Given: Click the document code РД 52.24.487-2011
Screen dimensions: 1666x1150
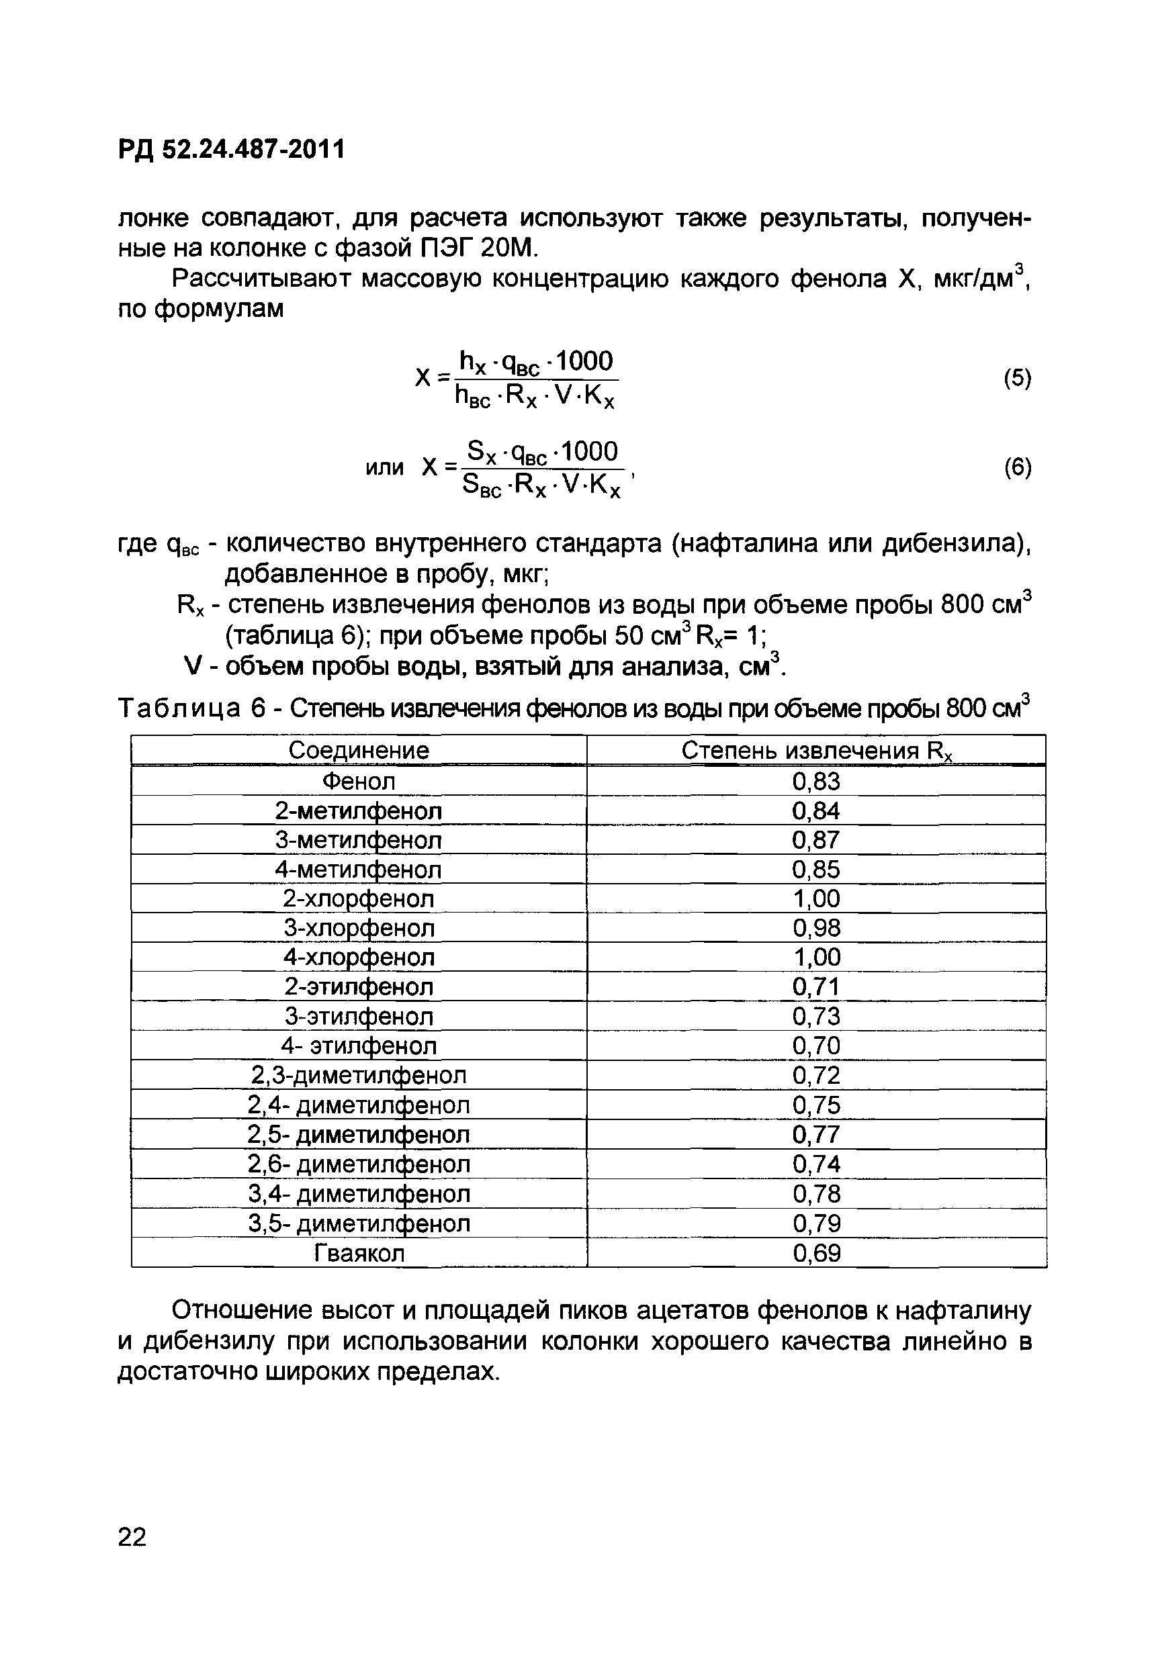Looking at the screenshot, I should (x=231, y=150).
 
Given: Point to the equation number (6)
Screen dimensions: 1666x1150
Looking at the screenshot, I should (x=1017, y=468).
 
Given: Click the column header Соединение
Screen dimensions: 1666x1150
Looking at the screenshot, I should (x=358, y=751).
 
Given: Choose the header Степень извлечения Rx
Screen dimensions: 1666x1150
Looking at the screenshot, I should (x=816, y=751).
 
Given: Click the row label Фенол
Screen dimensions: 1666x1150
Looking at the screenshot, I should (x=358, y=781).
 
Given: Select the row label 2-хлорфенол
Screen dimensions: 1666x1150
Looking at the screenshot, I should (x=358, y=899).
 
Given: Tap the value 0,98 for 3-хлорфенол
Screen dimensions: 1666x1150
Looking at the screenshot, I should (x=816, y=929).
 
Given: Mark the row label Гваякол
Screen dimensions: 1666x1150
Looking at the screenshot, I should (x=359, y=1253).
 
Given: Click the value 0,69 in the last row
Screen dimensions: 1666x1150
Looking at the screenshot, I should (x=816, y=1253).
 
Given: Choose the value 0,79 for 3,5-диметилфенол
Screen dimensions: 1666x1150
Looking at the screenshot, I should (x=816, y=1223).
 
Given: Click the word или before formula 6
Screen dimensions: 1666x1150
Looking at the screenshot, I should (x=384, y=468).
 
